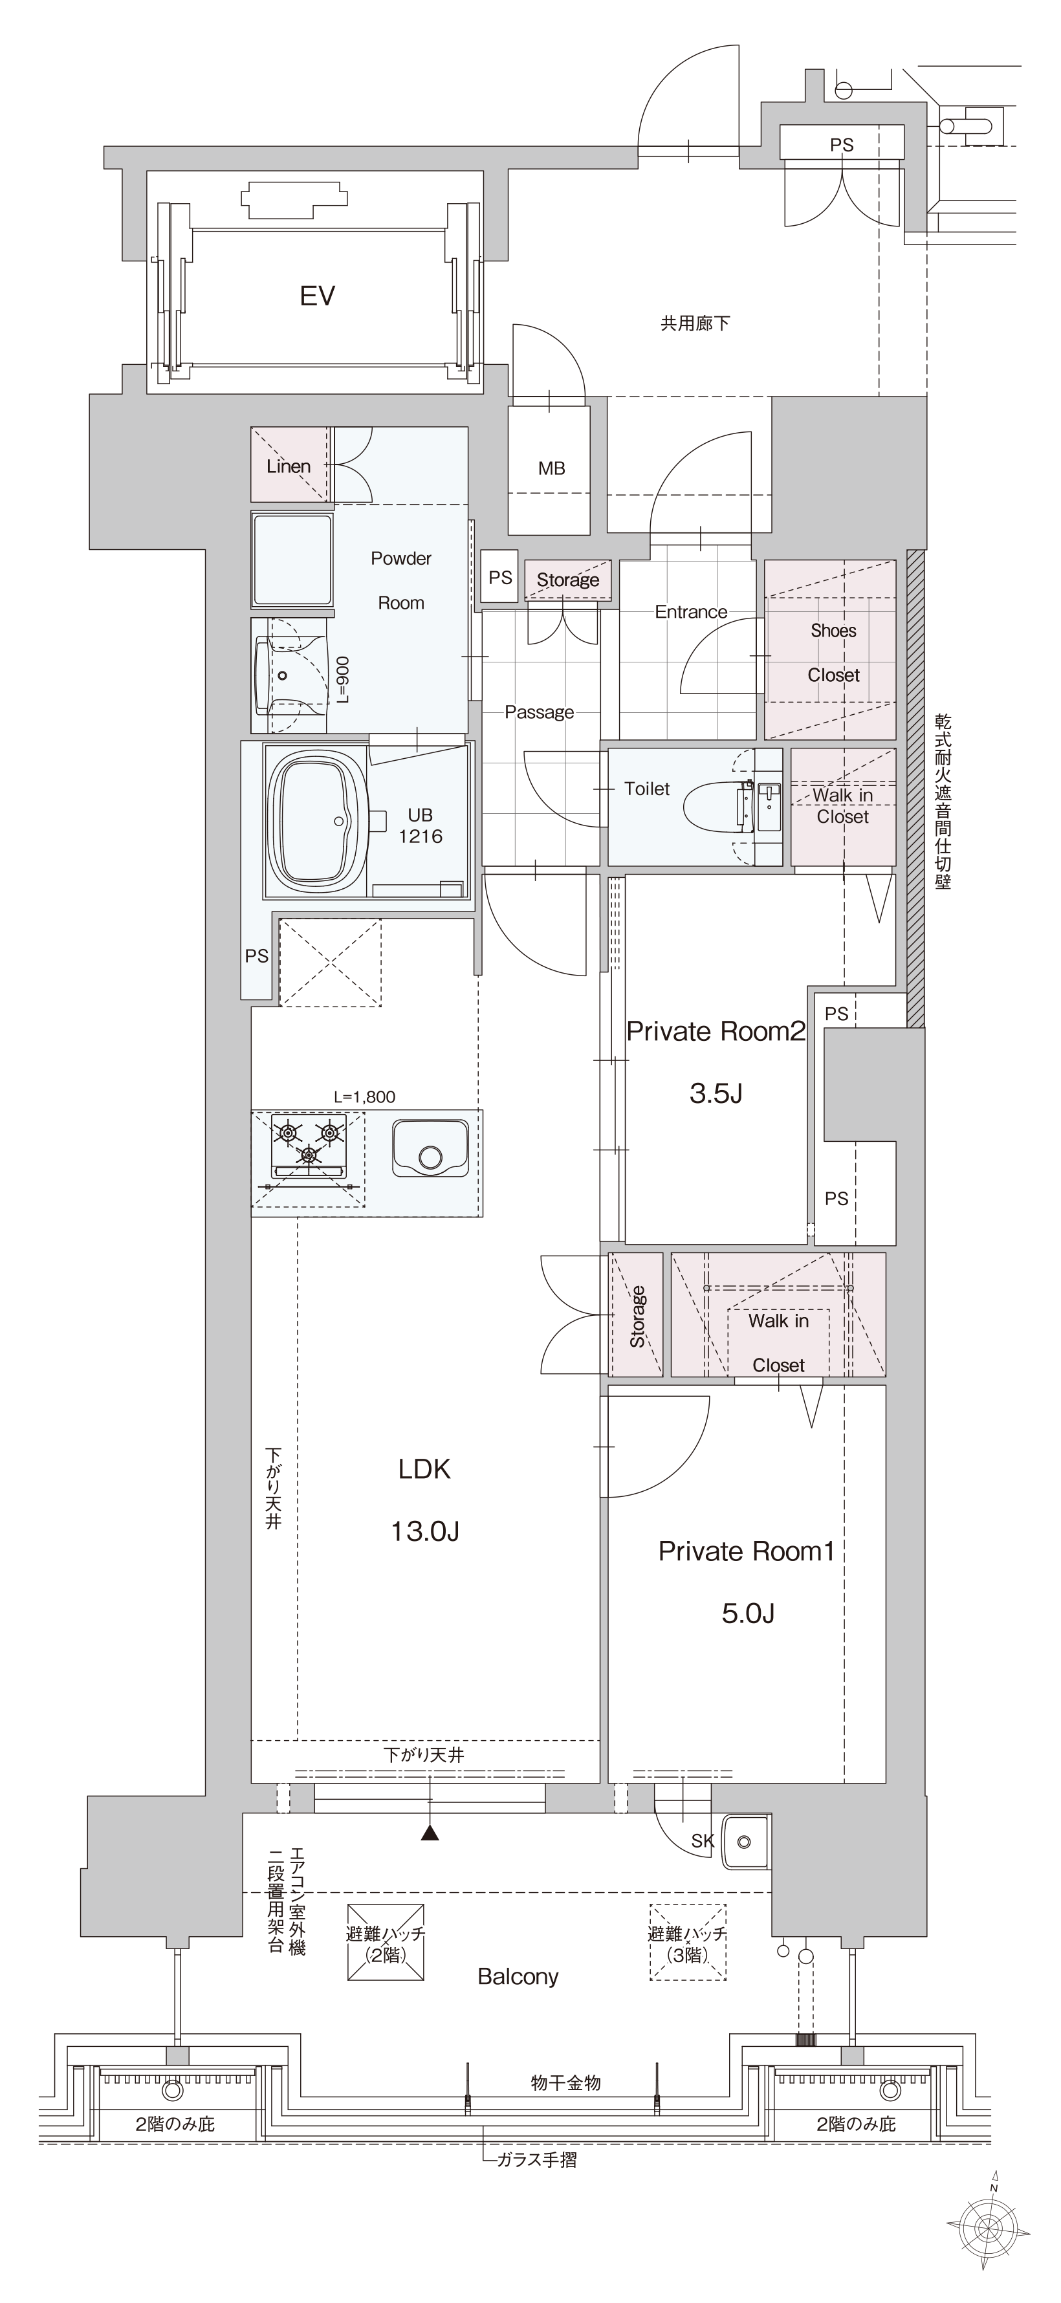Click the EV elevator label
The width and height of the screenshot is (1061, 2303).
pyautogui.click(x=317, y=296)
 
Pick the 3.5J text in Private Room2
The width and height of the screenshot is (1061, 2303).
pyautogui.click(x=716, y=1093)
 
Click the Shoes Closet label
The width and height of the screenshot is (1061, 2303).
pyautogui.click(x=833, y=653)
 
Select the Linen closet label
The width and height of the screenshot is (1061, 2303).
pyautogui.click(x=289, y=466)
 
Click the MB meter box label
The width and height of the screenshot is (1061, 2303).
pyautogui.click(x=551, y=468)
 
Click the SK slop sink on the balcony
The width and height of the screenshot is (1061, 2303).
pyautogui.click(x=745, y=1842)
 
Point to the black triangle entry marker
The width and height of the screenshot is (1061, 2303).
pyautogui.click(x=431, y=1833)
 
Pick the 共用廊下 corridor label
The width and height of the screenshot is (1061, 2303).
pyautogui.click(x=695, y=323)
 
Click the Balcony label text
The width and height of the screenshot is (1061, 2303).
pyautogui.click(x=518, y=1976)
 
